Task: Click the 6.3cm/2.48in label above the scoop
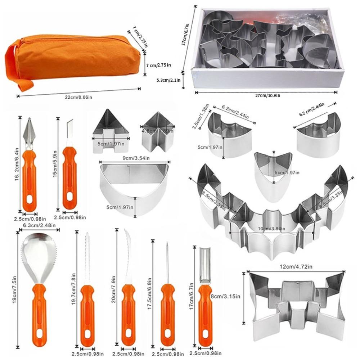click(39, 226)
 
